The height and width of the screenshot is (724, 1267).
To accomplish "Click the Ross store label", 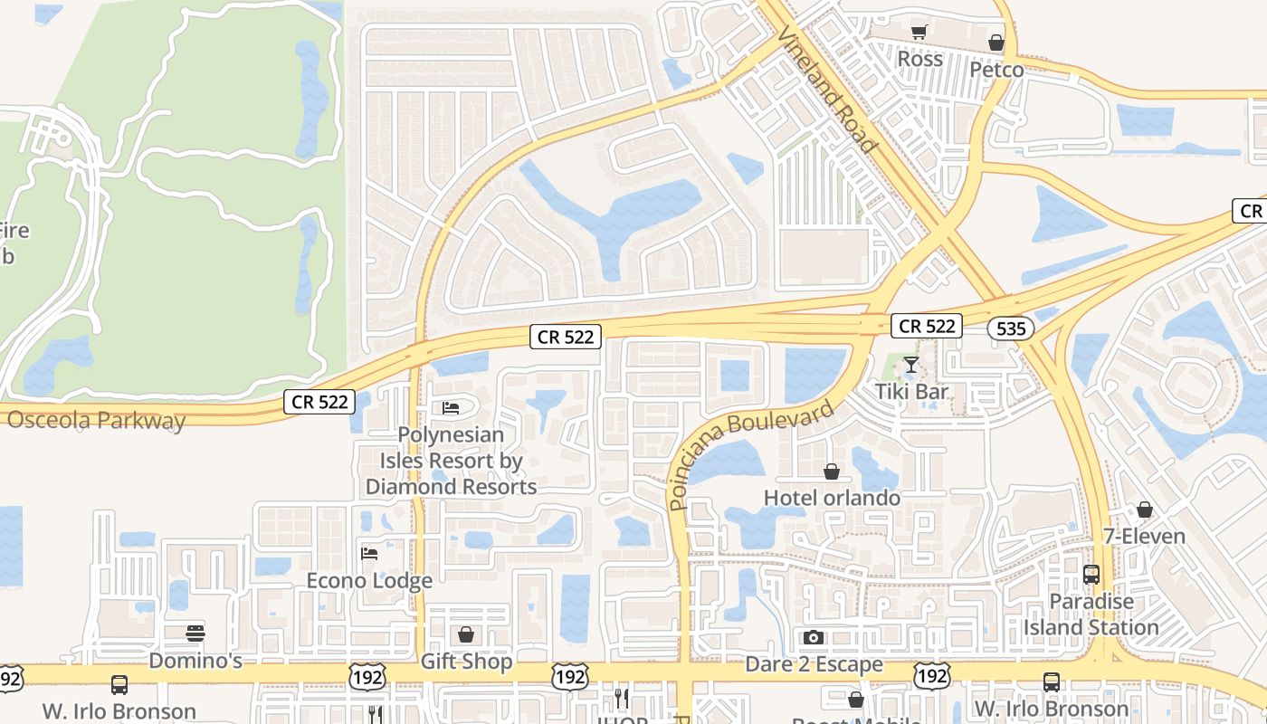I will pyautogui.click(x=919, y=60).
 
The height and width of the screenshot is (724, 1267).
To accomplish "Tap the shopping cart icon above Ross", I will pyautogui.click(x=919, y=33).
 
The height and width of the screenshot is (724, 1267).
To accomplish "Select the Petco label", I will pyautogui.click(x=996, y=70).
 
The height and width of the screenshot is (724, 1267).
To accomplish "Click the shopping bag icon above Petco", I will pyautogui.click(x=996, y=43).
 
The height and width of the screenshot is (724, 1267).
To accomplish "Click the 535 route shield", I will pyautogui.click(x=1010, y=329).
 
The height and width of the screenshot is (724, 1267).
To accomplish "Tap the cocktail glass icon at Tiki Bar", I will pyautogui.click(x=911, y=365).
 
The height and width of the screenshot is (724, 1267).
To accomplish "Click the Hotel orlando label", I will pyautogui.click(x=832, y=498).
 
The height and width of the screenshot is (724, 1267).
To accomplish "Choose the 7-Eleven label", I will pyautogui.click(x=1144, y=537).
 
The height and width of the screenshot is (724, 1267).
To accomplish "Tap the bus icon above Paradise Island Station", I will pyautogui.click(x=1091, y=575).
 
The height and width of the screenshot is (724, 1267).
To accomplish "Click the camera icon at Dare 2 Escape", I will pyautogui.click(x=814, y=638).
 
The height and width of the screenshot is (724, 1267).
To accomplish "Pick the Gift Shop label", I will pyautogui.click(x=466, y=662).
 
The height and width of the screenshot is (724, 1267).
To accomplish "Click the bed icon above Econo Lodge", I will pyautogui.click(x=369, y=553).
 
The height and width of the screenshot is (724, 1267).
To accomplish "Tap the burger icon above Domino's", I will pyautogui.click(x=195, y=633).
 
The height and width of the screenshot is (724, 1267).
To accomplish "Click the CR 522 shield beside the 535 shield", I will pyautogui.click(x=927, y=326).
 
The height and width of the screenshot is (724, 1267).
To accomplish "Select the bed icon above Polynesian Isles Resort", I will pyautogui.click(x=451, y=408).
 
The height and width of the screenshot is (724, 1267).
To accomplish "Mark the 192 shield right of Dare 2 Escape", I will pyautogui.click(x=931, y=676).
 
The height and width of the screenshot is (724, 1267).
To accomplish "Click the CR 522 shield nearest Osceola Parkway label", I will pyautogui.click(x=319, y=402).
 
